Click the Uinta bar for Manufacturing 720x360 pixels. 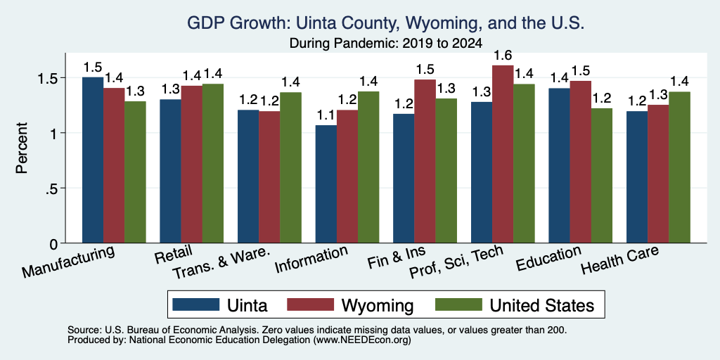tap(93, 160)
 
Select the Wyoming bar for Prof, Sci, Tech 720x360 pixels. tap(502, 154)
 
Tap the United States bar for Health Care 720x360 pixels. tap(679, 167)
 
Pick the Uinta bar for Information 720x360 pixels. tap(326, 184)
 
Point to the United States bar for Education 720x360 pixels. tap(602, 175)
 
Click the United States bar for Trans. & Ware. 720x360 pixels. tap(290, 167)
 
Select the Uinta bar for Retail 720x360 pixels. tap(170, 171)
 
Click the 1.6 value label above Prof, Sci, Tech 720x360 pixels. tap(502, 56)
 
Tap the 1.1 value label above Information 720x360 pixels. tap(326, 116)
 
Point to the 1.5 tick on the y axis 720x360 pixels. tap(54, 77)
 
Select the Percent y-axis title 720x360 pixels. tap(22, 148)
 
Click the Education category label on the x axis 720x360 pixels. tap(549, 259)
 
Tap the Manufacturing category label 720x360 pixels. tap(68, 262)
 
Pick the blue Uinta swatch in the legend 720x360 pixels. tap(195, 304)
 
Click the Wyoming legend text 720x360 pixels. tap(377, 305)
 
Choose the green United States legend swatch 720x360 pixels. tap(459, 304)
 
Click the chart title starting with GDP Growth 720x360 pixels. tap(385, 23)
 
